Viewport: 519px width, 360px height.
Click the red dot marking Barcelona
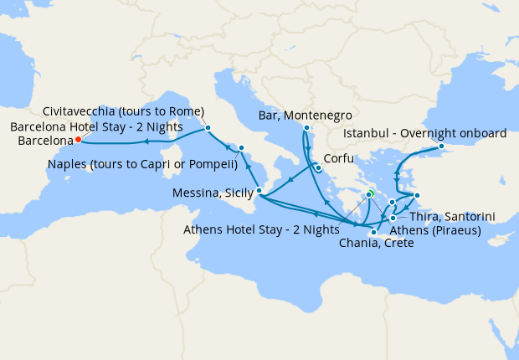(77, 140)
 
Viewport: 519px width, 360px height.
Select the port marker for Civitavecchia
(208, 128)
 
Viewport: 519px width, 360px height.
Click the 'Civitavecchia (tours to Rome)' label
(123, 111)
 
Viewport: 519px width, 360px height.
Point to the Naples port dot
(241, 148)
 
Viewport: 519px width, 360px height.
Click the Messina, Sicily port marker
(259, 191)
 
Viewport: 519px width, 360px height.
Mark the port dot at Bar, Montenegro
(306, 127)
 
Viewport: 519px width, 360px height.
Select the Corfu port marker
(318, 167)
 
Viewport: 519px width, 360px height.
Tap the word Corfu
(337, 157)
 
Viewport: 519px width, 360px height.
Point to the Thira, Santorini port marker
(393, 218)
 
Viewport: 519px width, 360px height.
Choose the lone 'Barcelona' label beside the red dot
(40, 141)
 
